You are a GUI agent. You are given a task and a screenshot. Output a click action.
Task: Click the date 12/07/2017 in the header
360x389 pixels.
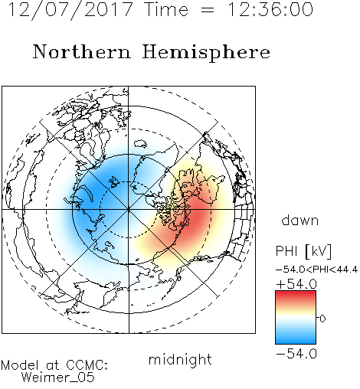[70, 10]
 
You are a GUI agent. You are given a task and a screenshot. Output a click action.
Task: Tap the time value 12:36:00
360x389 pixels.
[270, 10]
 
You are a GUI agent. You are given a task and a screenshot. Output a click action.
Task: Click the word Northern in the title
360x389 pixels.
[82, 52]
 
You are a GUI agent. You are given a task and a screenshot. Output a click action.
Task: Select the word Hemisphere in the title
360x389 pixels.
[206, 53]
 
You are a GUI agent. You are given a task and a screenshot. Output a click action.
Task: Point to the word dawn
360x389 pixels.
[300, 220]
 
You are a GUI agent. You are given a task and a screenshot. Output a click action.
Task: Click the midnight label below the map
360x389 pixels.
[180, 359]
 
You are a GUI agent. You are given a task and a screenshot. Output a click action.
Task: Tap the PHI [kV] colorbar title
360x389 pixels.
[303, 251]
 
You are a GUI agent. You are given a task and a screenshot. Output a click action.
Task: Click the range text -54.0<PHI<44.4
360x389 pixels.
[316, 270]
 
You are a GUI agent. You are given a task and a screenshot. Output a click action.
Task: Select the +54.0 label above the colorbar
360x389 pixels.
[296, 284]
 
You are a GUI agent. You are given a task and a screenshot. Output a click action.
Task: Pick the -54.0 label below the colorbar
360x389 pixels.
[296, 354]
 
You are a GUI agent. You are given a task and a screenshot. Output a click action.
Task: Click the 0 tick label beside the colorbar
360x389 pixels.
[322, 319]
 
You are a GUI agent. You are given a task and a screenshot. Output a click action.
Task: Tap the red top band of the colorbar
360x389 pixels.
[296, 294]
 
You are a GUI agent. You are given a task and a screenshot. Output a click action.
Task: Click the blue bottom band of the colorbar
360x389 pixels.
[296, 341]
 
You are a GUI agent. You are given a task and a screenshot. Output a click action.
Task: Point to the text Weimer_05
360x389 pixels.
[57, 378]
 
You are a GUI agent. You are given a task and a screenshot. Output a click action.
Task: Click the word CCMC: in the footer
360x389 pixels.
[87, 365]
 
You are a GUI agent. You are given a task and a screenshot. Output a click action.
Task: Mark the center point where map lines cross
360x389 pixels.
[129, 210]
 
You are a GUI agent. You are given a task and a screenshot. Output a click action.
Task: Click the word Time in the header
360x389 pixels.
[166, 9]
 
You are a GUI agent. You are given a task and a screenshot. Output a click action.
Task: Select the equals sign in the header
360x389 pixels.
[208, 10]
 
